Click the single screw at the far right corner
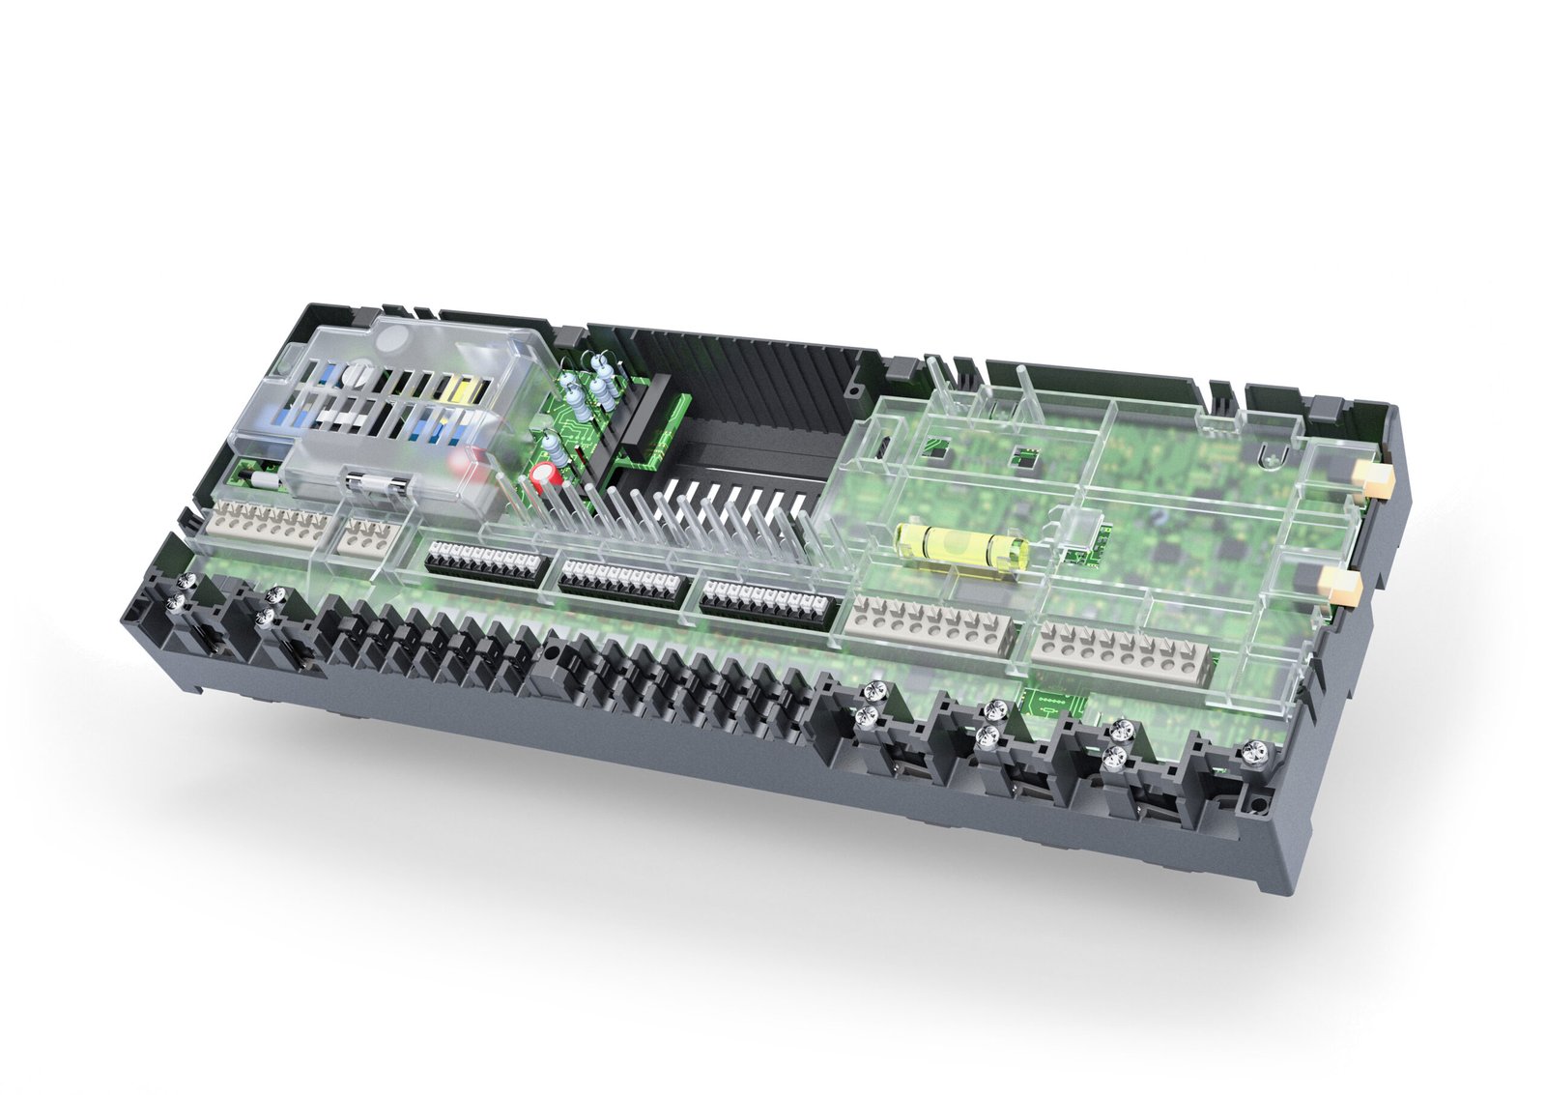click(1254, 750)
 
